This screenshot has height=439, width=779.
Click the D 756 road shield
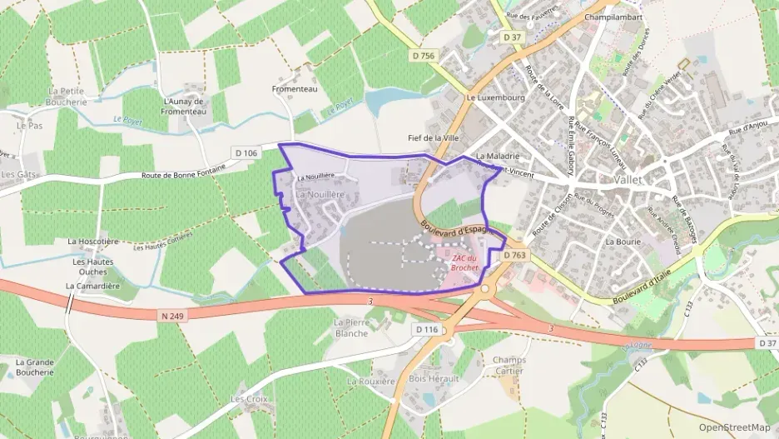click(423, 56)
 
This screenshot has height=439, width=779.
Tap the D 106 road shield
click(246, 152)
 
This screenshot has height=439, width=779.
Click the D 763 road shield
click(515, 255)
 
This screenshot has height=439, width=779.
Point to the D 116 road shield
click(426, 330)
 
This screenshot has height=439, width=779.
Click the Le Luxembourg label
click(494, 97)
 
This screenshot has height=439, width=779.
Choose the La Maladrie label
click(498, 156)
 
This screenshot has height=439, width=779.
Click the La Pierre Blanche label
click(350, 327)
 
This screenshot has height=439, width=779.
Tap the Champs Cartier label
click(509, 366)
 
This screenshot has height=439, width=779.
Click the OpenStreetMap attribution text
click(734, 427)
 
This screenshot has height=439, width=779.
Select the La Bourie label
click(621, 241)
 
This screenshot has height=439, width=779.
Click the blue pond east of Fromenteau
click(384, 102)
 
